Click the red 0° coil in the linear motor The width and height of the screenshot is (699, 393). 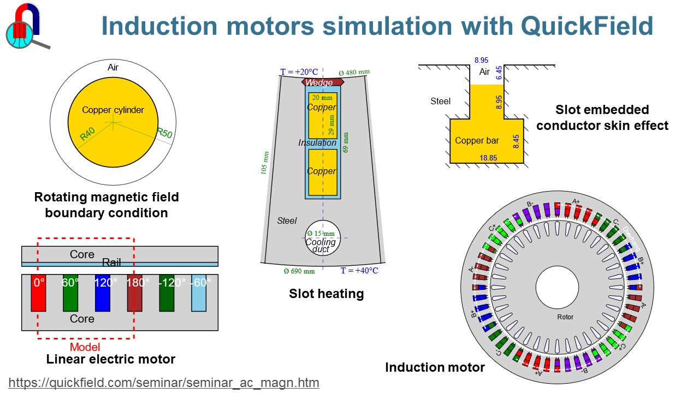pyautogui.click(x=38, y=293)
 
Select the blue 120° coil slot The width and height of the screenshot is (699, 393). pyautogui.click(x=103, y=293)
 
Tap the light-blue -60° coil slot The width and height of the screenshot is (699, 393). pyautogui.click(x=199, y=293)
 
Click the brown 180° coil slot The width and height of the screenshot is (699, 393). pyautogui.click(x=134, y=293)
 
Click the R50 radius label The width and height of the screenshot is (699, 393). pyautogui.click(x=164, y=133)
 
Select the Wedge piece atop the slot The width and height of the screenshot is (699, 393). pyautogui.click(x=322, y=82)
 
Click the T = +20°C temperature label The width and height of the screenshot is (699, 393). pyautogui.click(x=299, y=72)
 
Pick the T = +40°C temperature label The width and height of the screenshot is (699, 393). pyautogui.click(x=359, y=271)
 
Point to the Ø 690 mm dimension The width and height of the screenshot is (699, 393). pyautogui.click(x=299, y=271)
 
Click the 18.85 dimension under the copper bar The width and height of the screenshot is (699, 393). pyautogui.click(x=488, y=158)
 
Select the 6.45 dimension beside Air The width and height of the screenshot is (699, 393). pyautogui.click(x=499, y=73)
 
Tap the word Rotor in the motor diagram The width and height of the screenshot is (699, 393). pyautogui.click(x=565, y=317)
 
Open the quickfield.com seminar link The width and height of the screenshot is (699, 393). pyautogui.click(x=164, y=383)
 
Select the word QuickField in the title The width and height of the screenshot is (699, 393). pyautogui.click(x=587, y=26)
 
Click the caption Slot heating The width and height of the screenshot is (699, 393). pyautogui.click(x=326, y=294)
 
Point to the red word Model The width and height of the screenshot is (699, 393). pyautogui.click(x=85, y=347)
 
